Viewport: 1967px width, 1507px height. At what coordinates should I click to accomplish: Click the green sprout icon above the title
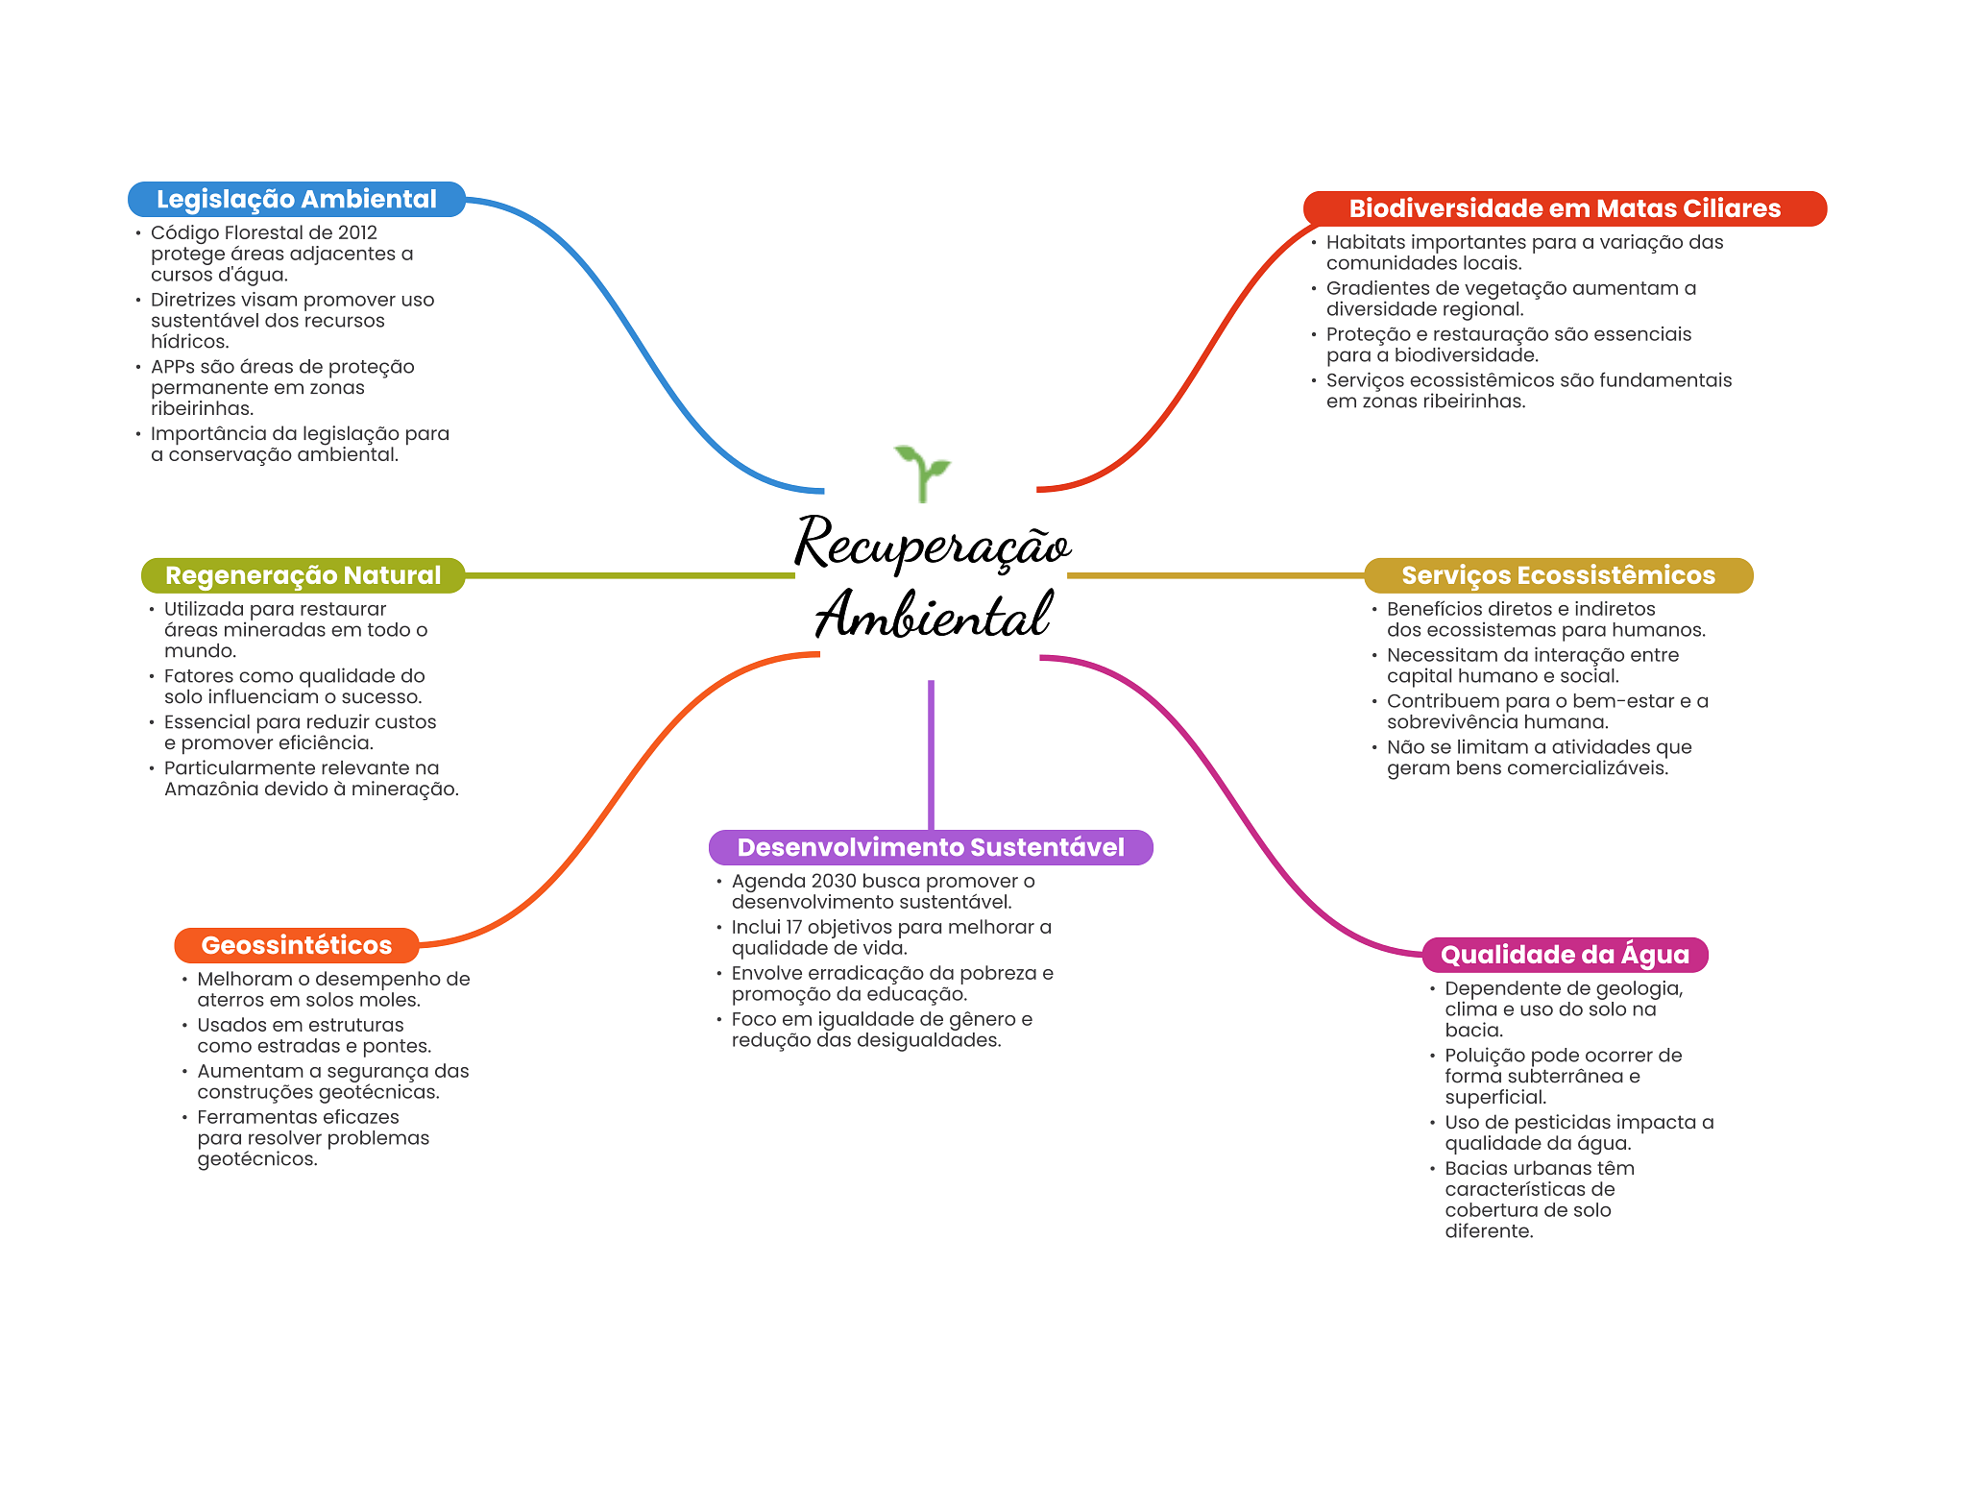[x=921, y=472]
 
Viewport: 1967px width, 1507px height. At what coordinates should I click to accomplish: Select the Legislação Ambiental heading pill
[x=296, y=199]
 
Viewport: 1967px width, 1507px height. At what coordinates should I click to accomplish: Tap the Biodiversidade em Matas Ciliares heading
[x=1564, y=208]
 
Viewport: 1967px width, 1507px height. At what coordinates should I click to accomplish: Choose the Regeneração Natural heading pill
[x=303, y=575]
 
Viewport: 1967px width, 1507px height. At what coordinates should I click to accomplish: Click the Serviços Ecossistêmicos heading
[x=1558, y=575]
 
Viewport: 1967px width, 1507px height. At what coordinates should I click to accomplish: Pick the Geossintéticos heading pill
[x=296, y=945]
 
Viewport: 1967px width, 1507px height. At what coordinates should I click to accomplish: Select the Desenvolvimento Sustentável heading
[x=930, y=847]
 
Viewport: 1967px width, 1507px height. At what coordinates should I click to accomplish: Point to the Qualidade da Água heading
[x=1564, y=955]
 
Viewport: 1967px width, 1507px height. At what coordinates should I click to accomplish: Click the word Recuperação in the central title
[x=932, y=544]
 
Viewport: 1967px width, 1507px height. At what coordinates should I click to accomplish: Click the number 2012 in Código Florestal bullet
[x=357, y=232]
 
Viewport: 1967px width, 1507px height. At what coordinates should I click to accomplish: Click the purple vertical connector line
[x=931, y=754]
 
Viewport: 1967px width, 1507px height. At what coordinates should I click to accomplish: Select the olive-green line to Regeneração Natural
[x=629, y=575]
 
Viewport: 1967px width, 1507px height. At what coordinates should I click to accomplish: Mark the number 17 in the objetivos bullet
[x=793, y=927]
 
